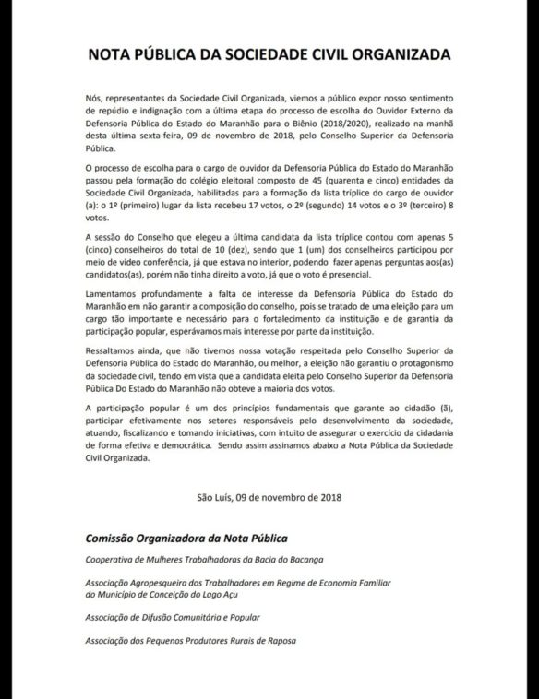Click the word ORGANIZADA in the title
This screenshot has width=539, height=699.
[392, 54]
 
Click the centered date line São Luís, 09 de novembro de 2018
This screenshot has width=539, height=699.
[269, 499]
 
